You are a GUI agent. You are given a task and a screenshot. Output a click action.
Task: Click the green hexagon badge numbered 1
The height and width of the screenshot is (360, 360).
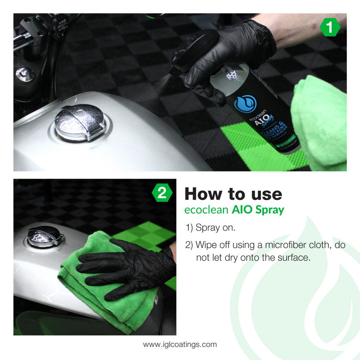pyautogui.click(x=329, y=28)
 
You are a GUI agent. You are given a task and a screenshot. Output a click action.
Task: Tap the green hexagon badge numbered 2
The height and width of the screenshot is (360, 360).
pyautogui.click(x=162, y=193)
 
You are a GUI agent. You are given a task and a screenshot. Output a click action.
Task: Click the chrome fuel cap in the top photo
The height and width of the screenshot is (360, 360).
pyautogui.click(x=80, y=122)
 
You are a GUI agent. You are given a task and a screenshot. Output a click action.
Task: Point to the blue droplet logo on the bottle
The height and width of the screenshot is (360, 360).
pyautogui.click(x=245, y=103)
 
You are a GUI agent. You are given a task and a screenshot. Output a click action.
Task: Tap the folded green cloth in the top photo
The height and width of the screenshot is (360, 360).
pyautogui.click(x=320, y=120)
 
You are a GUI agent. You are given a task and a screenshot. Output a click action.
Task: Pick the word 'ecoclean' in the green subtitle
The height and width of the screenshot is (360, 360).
pyautogui.click(x=206, y=210)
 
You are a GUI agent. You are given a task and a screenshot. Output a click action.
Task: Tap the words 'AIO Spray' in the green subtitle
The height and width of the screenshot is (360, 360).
pyautogui.click(x=258, y=210)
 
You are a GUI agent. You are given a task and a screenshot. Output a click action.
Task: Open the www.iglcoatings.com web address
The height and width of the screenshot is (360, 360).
pyautogui.click(x=180, y=344)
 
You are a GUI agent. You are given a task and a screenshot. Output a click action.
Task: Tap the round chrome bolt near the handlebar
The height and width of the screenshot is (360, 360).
pyautogui.click(x=25, y=74)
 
